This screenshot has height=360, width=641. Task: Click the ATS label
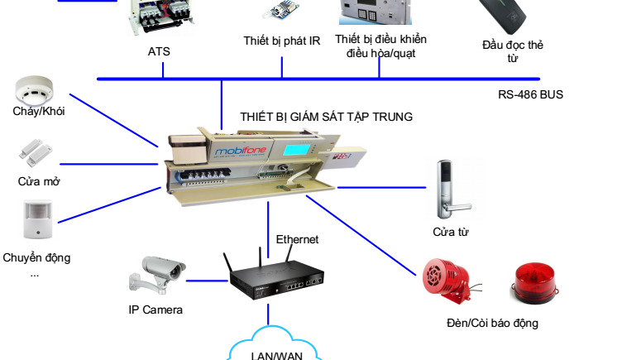159,51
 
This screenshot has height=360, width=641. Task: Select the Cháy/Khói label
39,111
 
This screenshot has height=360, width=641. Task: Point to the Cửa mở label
39,181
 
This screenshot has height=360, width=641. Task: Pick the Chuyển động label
36,257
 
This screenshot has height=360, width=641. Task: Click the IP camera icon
155,275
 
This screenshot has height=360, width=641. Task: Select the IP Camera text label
155,310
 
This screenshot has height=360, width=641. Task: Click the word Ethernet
297,239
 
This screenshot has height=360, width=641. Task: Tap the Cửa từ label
451,233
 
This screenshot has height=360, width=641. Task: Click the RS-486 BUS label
530,94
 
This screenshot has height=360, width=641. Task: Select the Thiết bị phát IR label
282,41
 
